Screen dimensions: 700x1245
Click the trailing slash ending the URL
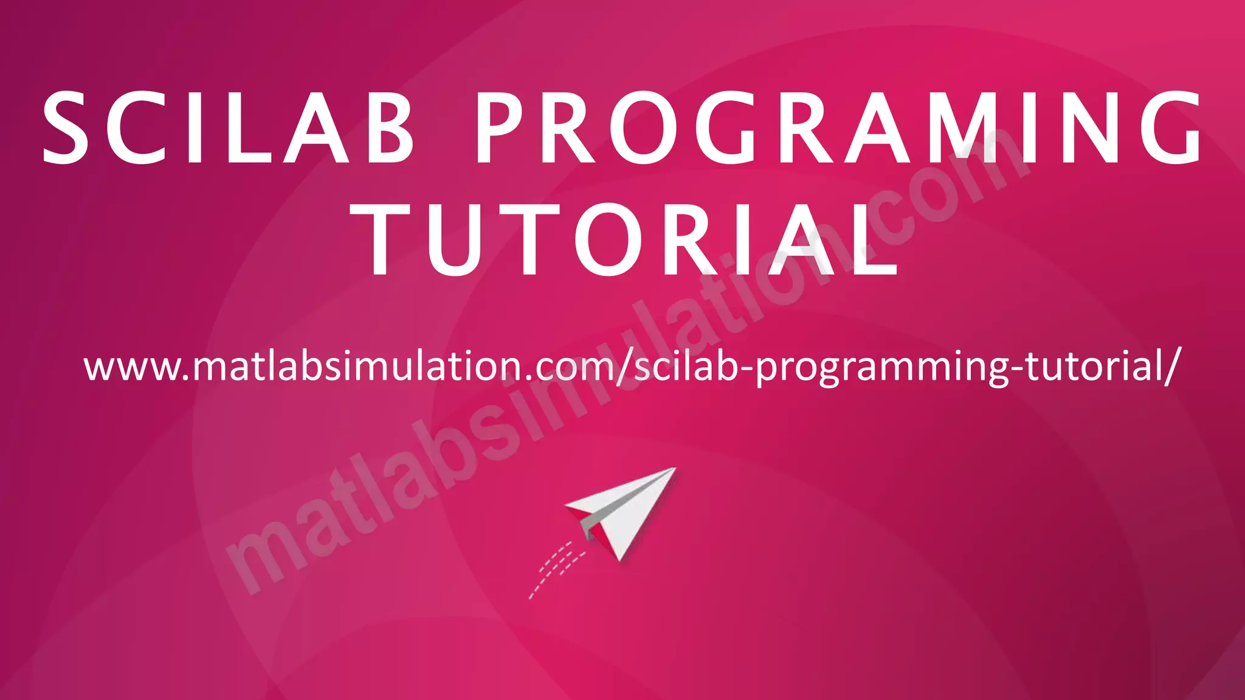tap(1171, 367)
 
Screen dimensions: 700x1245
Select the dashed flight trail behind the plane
tap(553, 568)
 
